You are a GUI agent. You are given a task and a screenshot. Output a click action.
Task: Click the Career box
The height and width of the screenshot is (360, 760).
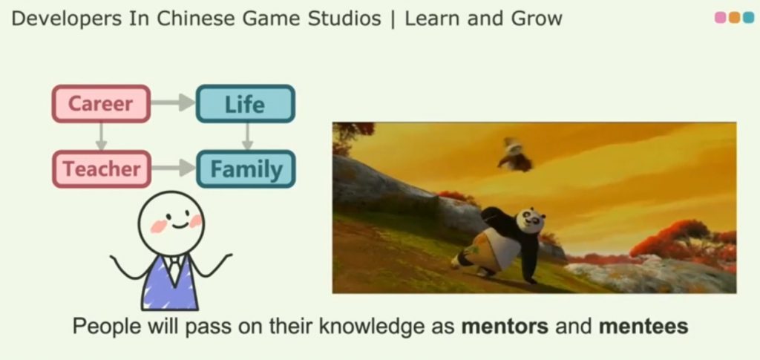(x=101, y=104)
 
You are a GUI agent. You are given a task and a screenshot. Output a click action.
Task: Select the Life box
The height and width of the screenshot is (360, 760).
(x=245, y=104)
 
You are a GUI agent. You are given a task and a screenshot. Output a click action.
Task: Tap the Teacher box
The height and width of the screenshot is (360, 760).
(x=101, y=168)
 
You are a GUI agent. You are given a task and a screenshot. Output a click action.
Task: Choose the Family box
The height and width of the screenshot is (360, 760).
(x=246, y=168)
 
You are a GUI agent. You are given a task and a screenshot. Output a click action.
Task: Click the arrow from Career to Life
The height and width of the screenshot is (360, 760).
(x=173, y=102)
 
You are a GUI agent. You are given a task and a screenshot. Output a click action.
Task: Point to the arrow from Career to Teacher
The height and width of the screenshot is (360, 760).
(x=101, y=136)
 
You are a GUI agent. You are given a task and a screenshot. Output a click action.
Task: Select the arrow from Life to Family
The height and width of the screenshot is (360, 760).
(x=247, y=136)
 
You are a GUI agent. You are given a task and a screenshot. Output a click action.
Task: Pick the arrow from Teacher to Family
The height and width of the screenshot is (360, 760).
(x=174, y=168)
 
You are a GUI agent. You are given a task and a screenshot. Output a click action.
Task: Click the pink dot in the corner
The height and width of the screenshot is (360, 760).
(x=721, y=17)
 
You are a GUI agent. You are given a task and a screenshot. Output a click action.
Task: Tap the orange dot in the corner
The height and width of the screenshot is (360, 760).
(x=735, y=17)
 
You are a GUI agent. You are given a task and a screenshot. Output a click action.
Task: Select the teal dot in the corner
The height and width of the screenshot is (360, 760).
(x=749, y=17)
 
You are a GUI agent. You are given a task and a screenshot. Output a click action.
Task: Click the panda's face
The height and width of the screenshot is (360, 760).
(x=530, y=220)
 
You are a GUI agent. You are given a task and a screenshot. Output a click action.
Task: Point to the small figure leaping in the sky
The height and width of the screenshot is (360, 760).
(x=514, y=155)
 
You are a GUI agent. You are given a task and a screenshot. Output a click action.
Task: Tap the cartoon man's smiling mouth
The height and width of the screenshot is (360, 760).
(x=179, y=226)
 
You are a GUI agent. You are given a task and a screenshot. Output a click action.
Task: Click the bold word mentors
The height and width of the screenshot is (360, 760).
(x=505, y=326)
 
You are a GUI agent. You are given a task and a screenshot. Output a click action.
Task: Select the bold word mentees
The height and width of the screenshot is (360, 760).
(x=643, y=326)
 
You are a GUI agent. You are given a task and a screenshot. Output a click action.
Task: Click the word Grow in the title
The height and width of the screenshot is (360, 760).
(x=538, y=19)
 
